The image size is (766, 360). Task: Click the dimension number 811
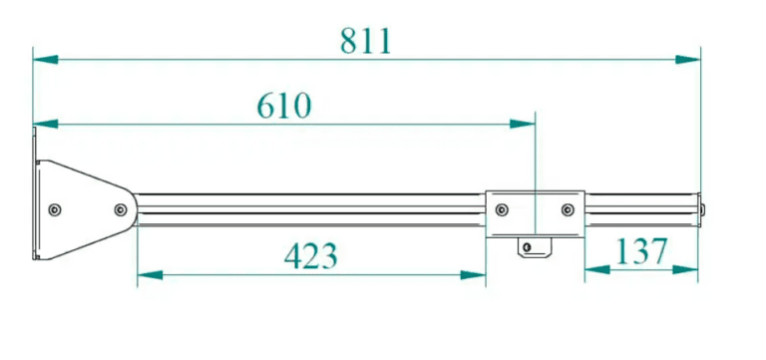click(x=366, y=41)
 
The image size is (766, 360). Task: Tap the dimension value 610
click(x=284, y=106)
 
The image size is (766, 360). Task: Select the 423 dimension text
click(x=311, y=256)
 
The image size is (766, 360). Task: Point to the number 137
click(x=641, y=251)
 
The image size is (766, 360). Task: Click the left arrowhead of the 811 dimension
click(x=46, y=60)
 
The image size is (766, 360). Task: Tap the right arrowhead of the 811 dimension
click(x=688, y=60)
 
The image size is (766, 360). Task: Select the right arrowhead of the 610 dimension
click(x=523, y=124)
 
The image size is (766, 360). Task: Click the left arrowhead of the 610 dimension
click(x=46, y=124)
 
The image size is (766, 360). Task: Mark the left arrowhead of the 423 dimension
click(x=150, y=275)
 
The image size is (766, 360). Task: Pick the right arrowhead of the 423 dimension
click(x=473, y=275)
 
